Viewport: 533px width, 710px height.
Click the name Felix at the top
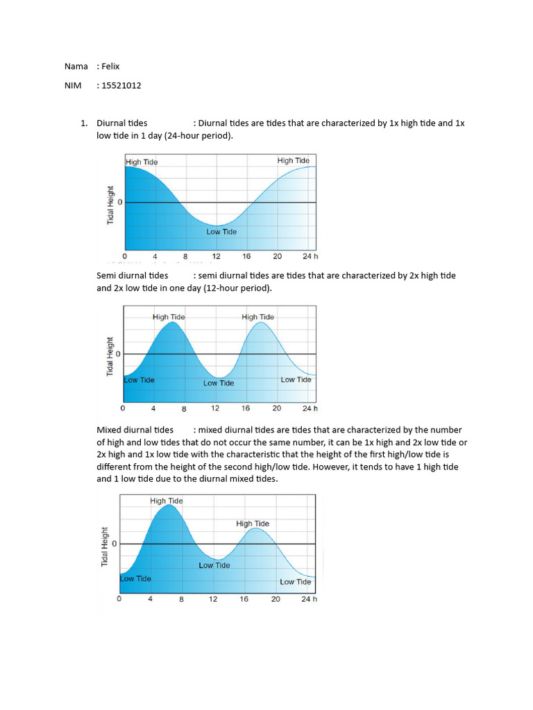click(110, 66)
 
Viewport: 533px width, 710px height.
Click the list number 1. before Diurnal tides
click(83, 123)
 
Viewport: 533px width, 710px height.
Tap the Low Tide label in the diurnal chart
click(221, 232)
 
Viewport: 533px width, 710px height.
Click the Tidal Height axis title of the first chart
click(110, 204)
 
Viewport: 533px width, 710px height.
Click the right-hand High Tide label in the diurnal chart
click(293, 160)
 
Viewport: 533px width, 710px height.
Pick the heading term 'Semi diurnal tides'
click(132, 275)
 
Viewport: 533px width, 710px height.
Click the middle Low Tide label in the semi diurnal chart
click(219, 383)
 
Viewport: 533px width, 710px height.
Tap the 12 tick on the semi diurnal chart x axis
click(215, 408)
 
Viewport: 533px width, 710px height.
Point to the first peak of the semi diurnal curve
click(171, 323)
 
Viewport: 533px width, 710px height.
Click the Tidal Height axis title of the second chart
click(110, 356)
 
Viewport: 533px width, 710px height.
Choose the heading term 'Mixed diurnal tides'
click(135, 430)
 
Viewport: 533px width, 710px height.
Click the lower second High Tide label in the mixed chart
click(253, 523)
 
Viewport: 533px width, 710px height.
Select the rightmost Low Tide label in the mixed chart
click(295, 582)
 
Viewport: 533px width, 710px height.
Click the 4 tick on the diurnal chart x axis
click(155, 256)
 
